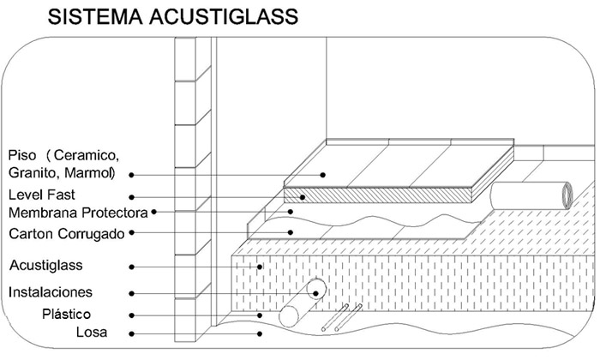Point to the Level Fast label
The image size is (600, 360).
tap(42, 195)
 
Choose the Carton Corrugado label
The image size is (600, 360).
tap(68, 233)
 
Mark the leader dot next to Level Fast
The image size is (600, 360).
tap(132, 195)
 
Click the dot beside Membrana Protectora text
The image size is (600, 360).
tap(154, 212)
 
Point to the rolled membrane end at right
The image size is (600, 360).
tap(567, 192)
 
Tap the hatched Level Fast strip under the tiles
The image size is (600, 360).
tap(386, 194)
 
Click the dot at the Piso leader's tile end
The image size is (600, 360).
tap(324, 175)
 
